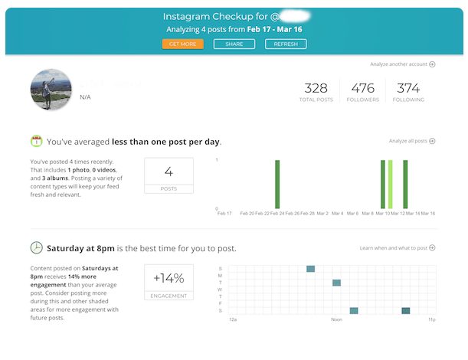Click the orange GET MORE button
click(x=182, y=44)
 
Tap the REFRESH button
click(x=286, y=44)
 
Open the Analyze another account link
click(x=401, y=64)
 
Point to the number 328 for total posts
click(x=316, y=88)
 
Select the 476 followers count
click(x=362, y=88)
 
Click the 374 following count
click(x=409, y=88)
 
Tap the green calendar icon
click(x=36, y=142)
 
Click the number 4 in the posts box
click(x=169, y=172)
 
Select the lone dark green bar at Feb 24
click(x=277, y=184)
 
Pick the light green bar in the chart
click(x=390, y=184)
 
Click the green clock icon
click(x=36, y=248)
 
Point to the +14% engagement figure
click(x=169, y=279)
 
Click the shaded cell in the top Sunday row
click(x=310, y=269)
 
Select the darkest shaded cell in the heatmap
click(x=405, y=310)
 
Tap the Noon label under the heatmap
click(x=336, y=319)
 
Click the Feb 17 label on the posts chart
click(x=224, y=214)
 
